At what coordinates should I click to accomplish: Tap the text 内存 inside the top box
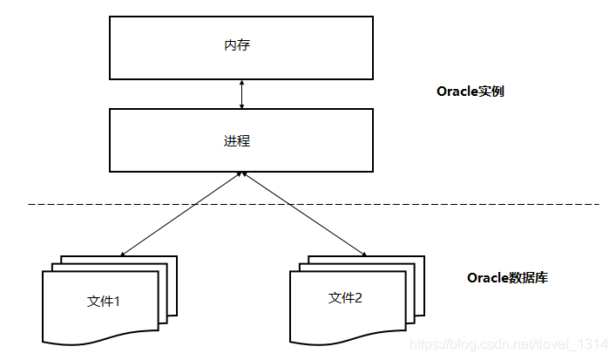tap(237, 44)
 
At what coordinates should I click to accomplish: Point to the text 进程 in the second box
tap(237, 140)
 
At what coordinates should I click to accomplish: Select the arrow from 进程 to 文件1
tap(181, 214)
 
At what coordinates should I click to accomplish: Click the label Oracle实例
tap(470, 91)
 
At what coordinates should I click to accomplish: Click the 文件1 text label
tap(104, 302)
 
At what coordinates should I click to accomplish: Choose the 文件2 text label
tap(345, 297)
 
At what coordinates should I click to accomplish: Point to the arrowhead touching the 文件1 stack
tap(123, 255)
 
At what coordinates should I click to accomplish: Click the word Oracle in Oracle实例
tap(454, 91)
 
